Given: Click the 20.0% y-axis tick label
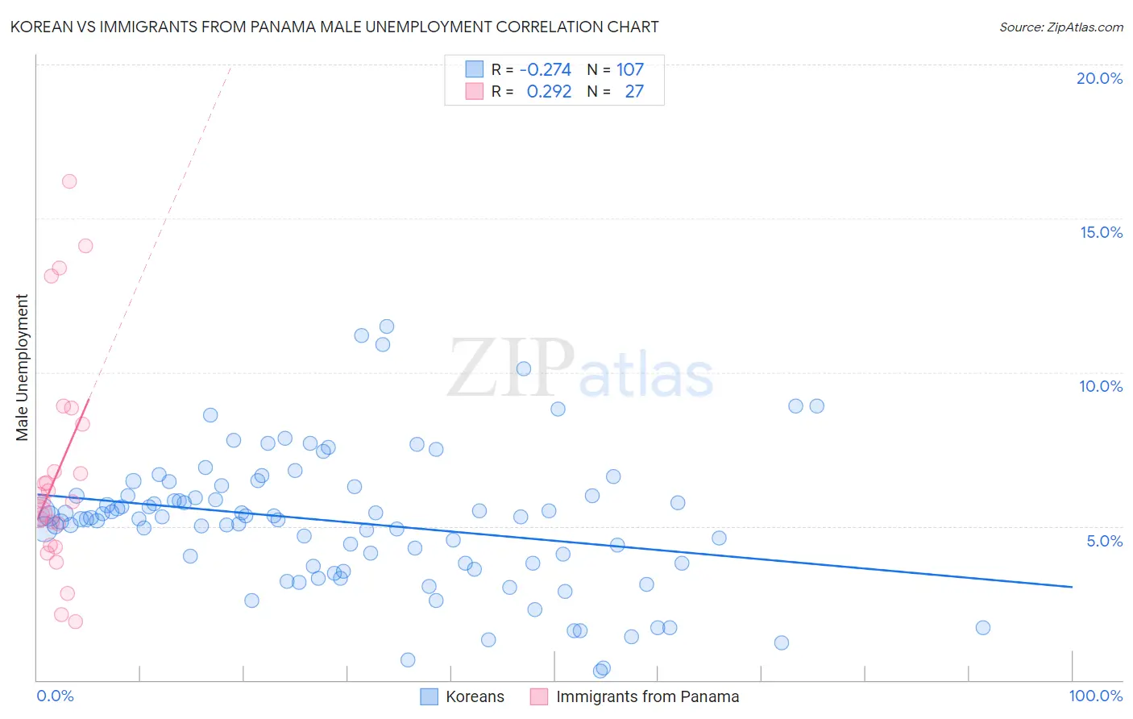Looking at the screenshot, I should pyautogui.click(x=1099, y=78).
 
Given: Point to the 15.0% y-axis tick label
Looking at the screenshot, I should pyautogui.click(x=1101, y=232).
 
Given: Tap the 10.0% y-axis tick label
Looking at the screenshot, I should pyautogui.click(x=1101, y=386).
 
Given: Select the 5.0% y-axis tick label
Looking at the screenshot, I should pyautogui.click(x=1104, y=541).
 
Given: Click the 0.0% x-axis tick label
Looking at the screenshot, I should pyautogui.click(x=55, y=696).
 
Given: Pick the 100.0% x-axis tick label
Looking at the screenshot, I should pyautogui.click(x=1095, y=696).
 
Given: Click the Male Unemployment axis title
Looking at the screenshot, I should pyautogui.click(x=22, y=368).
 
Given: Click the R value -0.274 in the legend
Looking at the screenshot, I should pyautogui.click(x=545, y=70).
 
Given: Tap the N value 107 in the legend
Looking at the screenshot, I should pyautogui.click(x=630, y=70).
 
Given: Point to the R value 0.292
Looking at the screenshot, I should pyautogui.click(x=549, y=92).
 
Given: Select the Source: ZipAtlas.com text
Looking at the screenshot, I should pyautogui.click(x=1060, y=27).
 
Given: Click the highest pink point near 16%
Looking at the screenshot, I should pyautogui.click(x=69, y=181).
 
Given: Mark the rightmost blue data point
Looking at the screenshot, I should pyautogui.click(x=982, y=628).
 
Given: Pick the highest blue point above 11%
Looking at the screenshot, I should pyautogui.click(x=387, y=326).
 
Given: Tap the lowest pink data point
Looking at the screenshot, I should pyautogui.click(x=75, y=621).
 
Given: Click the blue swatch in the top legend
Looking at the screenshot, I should pyautogui.click(x=475, y=70).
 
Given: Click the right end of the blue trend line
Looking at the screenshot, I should pyautogui.click(x=1072, y=587).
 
